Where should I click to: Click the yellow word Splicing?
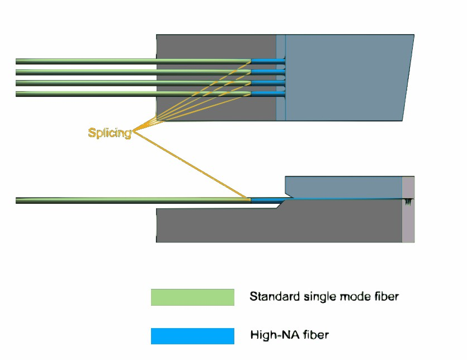tap(110, 133)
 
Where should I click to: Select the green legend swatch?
tap(192, 297)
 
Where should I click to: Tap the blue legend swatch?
tap(192, 336)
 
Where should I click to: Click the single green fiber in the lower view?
tap(112, 200)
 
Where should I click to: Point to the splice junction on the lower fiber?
tap(249, 199)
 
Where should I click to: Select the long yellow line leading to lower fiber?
tap(190, 165)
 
